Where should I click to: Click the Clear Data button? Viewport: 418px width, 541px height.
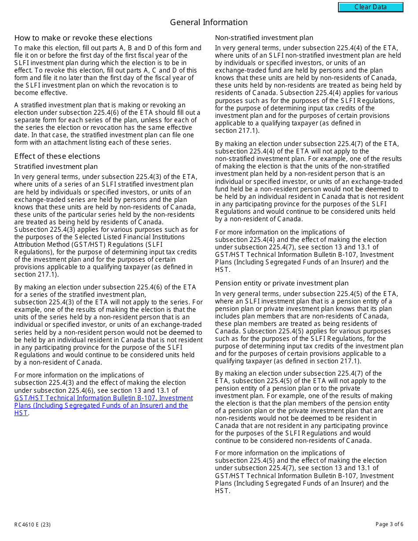click(x=370, y=7)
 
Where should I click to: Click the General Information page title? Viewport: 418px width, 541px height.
click(x=209, y=22)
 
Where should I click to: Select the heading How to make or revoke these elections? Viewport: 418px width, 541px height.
click(x=83, y=38)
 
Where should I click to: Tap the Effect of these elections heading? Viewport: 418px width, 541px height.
click(x=57, y=156)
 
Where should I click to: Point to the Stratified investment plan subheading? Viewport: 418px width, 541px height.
click(x=56, y=167)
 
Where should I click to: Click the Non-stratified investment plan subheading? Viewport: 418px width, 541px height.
click(x=264, y=38)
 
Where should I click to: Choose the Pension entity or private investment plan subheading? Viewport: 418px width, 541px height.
click(x=282, y=283)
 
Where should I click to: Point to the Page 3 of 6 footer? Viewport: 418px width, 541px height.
click(x=389, y=524)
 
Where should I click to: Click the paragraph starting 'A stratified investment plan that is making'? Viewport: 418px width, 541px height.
click(x=107, y=124)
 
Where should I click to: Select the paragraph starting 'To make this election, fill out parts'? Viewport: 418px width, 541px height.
click(x=107, y=70)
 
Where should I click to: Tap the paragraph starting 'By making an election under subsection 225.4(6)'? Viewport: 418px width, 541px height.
click(x=108, y=325)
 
